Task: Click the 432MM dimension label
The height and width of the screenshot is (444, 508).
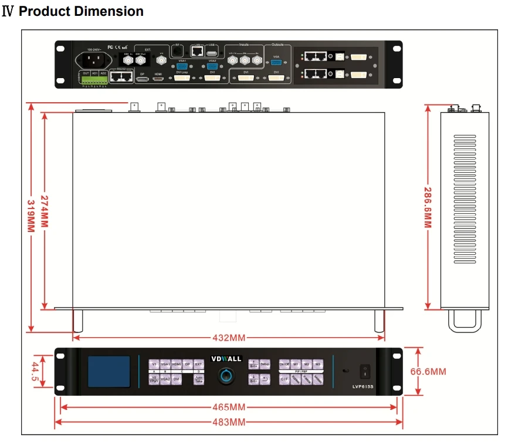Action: coord(229,338)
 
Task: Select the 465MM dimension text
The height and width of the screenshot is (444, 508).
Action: coord(229,407)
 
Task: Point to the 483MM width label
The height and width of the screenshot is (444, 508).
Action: coord(229,422)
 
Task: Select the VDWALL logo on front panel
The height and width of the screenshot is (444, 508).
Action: coord(226,359)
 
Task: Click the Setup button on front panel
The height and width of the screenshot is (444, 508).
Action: coord(265,365)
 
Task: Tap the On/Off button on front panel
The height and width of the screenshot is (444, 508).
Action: coord(285,365)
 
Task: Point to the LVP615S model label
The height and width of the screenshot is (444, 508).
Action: coord(364,386)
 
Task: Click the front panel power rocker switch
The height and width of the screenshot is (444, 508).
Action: coord(365,371)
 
